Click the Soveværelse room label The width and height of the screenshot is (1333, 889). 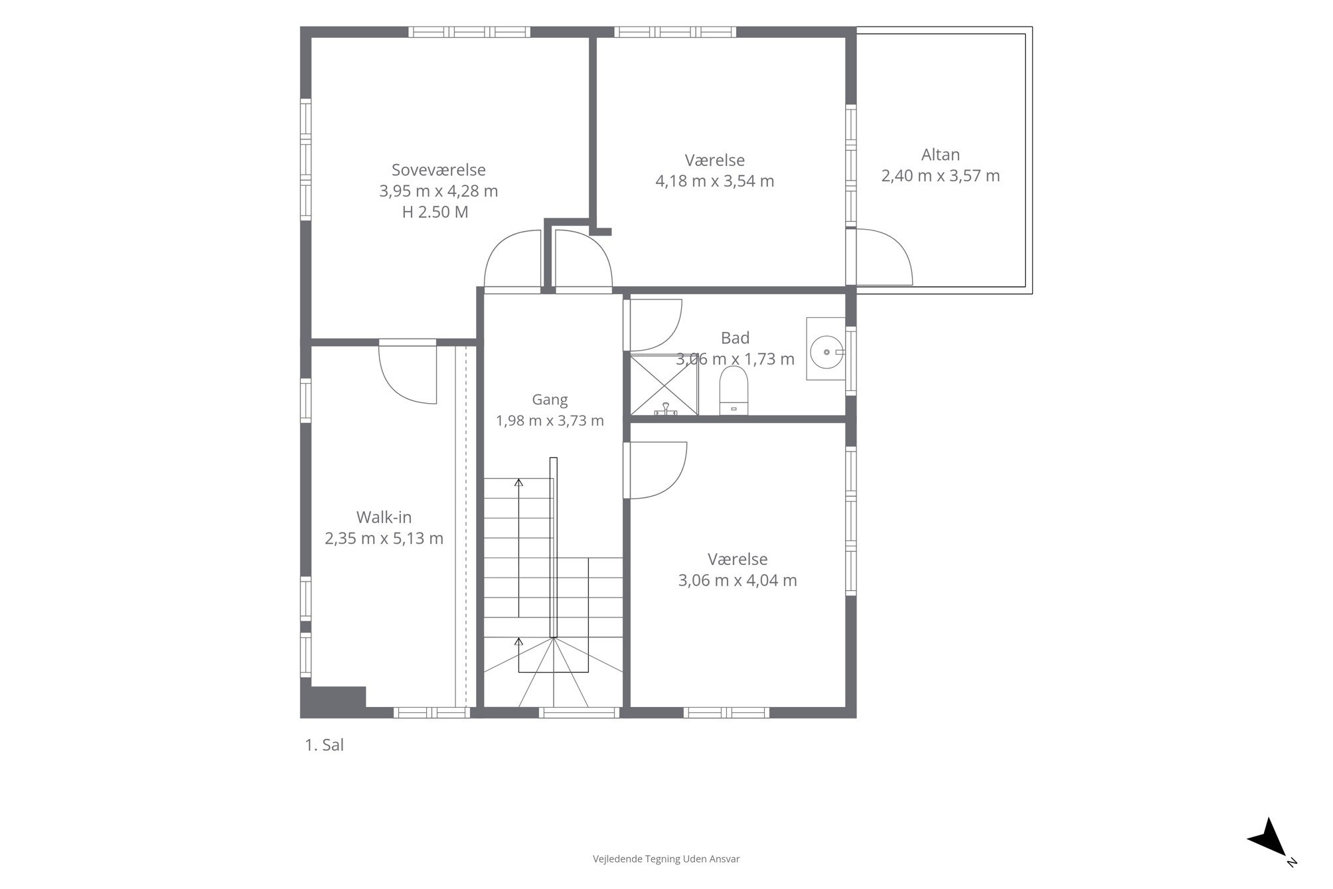(x=438, y=170)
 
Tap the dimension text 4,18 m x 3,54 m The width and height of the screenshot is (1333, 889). (x=714, y=181)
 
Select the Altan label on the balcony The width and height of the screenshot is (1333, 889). (x=940, y=155)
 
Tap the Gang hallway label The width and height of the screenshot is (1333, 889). (x=550, y=400)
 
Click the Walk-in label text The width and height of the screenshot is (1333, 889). (x=384, y=517)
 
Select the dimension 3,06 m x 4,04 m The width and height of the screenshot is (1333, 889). (x=737, y=580)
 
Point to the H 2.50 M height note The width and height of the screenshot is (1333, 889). (x=435, y=212)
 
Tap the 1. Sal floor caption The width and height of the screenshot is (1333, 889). (x=324, y=745)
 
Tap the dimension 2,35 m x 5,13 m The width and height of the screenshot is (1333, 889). (x=384, y=538)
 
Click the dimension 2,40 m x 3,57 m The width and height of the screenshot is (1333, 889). (x=940, y=176)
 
